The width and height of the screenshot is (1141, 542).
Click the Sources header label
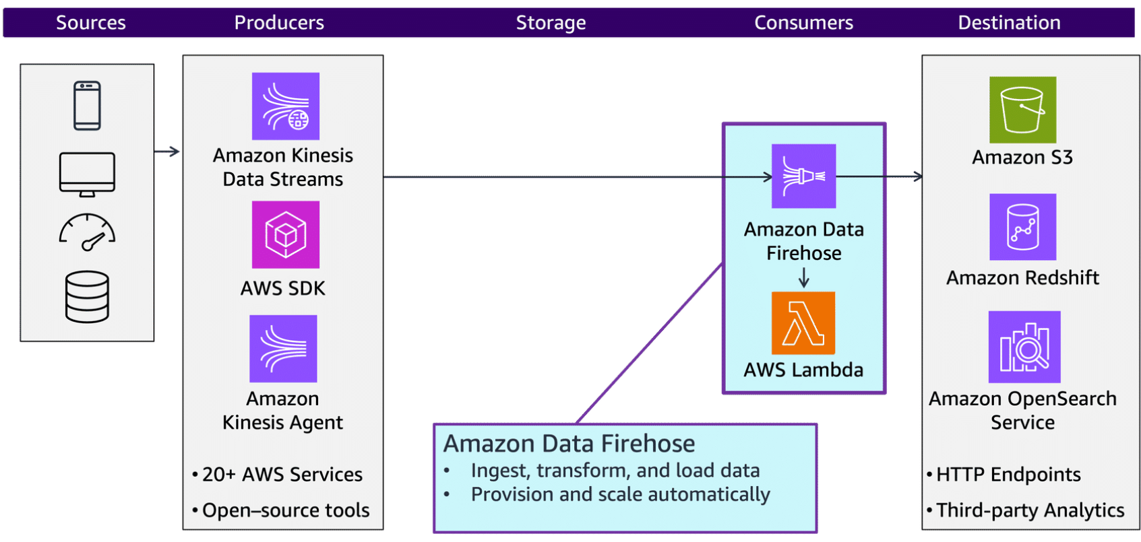pos(90,23)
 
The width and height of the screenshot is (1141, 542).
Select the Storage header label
pos(551,23)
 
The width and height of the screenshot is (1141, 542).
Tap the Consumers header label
pos(803,23)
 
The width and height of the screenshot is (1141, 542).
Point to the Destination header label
pos(1009,23)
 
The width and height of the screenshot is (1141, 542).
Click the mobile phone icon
pos(87,106)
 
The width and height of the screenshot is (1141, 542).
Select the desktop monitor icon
pos(87,174)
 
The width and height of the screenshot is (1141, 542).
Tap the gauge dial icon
pos(87,232)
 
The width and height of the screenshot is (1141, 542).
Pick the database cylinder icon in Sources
pos(87,297)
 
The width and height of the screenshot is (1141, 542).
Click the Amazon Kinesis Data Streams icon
pos(286,106)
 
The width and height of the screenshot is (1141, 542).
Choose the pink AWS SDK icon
pos(286,235)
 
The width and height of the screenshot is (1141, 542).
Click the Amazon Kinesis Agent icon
pos(283,349)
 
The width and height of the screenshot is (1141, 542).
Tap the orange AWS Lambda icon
pos(803,323)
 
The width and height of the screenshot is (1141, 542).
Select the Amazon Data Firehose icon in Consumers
pos(803,176)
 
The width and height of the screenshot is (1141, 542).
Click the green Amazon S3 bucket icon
pos(1022,110)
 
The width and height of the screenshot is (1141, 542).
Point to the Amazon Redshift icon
pos(1022,227)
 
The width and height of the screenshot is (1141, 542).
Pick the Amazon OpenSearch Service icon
pos(1024,347)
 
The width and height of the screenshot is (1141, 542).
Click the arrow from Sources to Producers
pos(167,151)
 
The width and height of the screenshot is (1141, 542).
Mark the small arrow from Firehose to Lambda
pos(803,277)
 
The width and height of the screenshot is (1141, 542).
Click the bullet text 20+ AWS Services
pos(282,475)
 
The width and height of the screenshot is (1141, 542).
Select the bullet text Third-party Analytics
pos(1030,510)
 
